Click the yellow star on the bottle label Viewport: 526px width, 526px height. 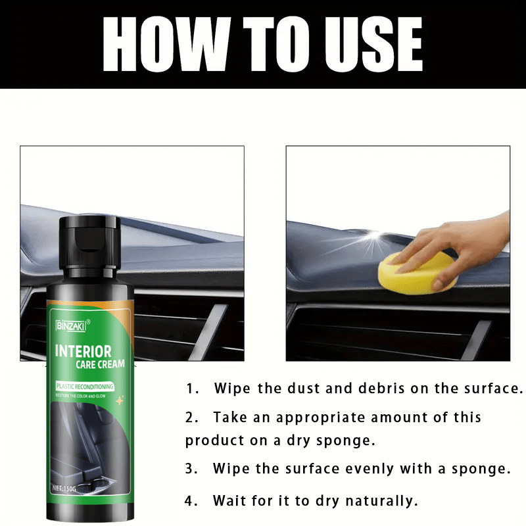tap(120, 399)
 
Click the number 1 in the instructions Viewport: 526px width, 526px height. tap(190, 389)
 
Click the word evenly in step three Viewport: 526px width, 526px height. tap(368, 469)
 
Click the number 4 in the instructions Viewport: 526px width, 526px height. tap(190, 501)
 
